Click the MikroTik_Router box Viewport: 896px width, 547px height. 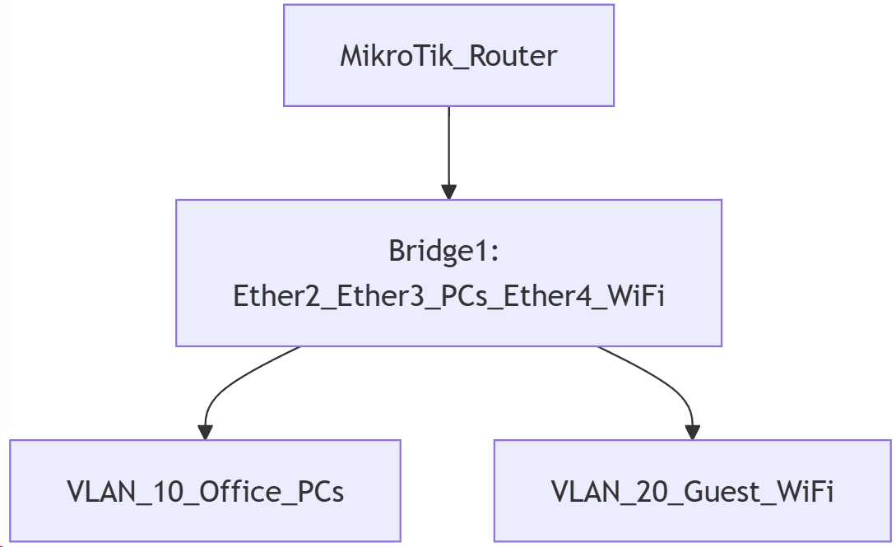pyautogui.click(x=448, y=55)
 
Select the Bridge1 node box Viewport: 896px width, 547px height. pyautogui.click(x=448, y=272)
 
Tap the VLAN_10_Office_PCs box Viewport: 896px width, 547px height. pyautogui.click(x=205, y=491)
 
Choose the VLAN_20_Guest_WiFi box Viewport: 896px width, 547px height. pyautogui.click(x=692, y=491)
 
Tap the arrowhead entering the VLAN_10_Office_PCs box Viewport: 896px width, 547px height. pyautogui.click(x=205, y=431)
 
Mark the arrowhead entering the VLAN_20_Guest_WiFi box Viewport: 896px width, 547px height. pyautogui.click(x=692, y=431)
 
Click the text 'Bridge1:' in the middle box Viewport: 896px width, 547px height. pyautogui.click(x=444, y=252)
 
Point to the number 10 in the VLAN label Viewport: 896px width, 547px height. pyautogui.click(x=153, y=492)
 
